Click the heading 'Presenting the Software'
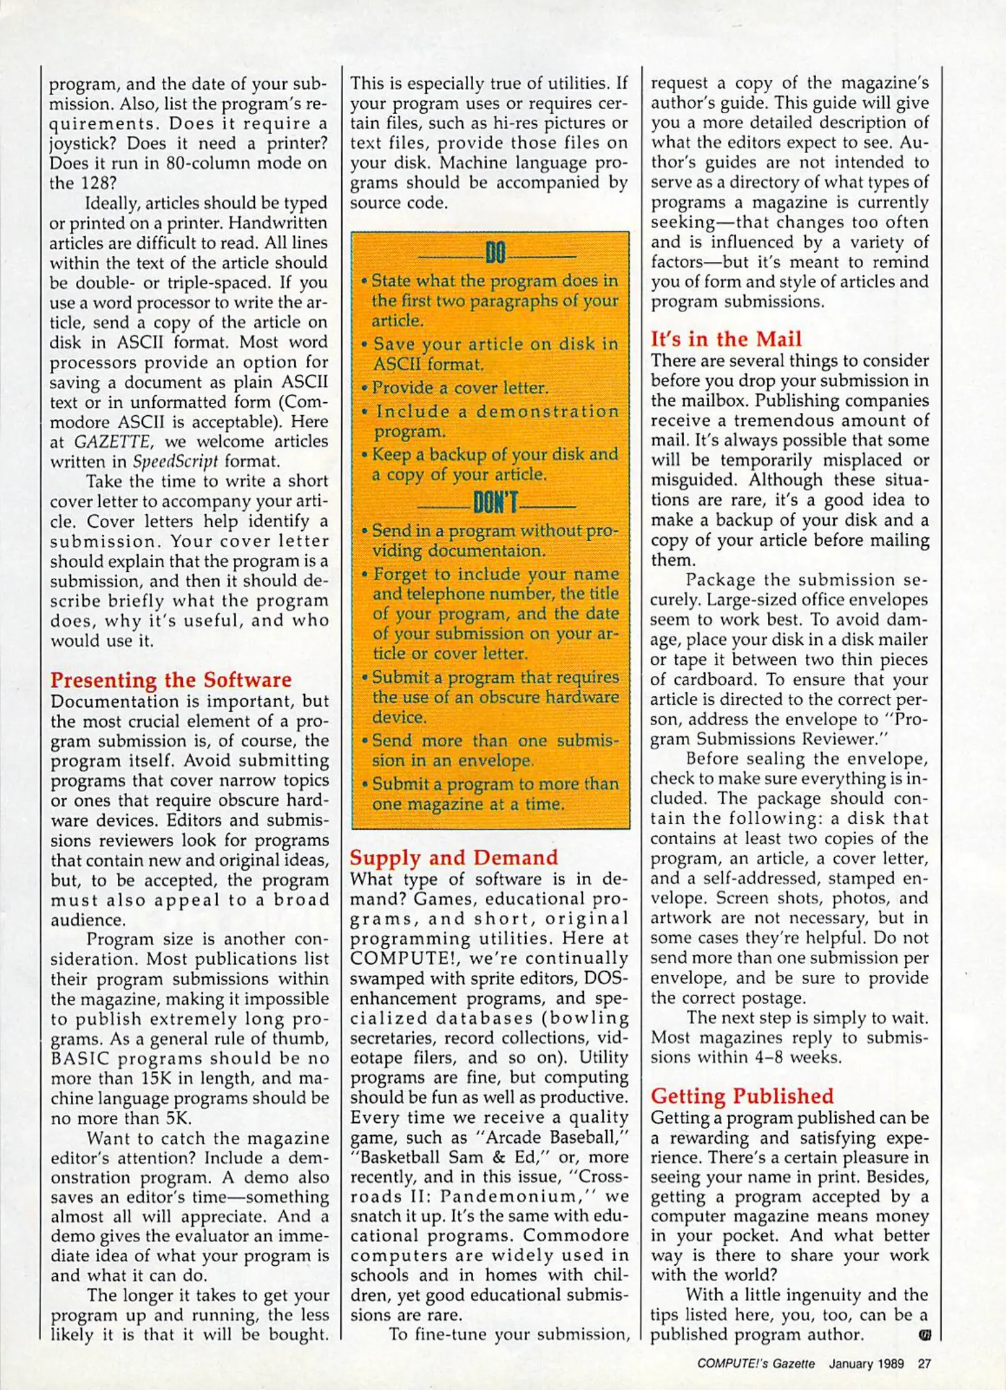171,680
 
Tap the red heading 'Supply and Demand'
454,858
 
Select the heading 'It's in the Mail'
726,339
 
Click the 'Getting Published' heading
741,1096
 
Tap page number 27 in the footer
924,1363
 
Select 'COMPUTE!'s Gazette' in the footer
756,1363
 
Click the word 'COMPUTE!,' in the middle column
404,958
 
